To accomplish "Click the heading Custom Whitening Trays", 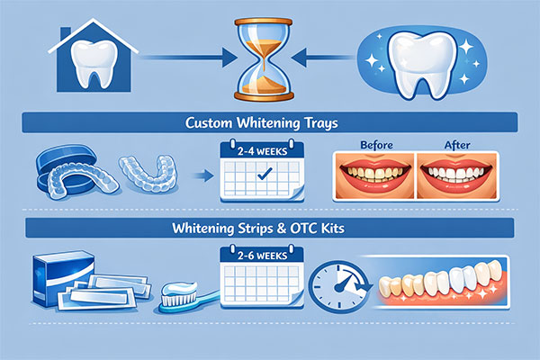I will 269,121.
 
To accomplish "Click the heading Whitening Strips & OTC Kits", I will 269,228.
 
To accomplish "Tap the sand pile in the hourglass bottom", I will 270,85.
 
